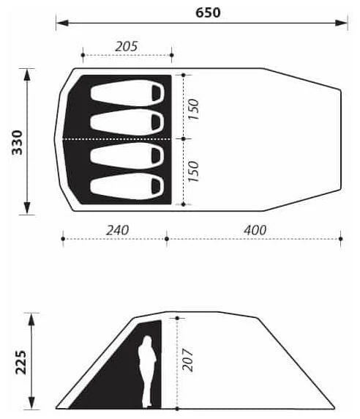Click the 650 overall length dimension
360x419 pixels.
click(x=208, y=12)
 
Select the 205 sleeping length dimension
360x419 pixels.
click(x=126, y=46)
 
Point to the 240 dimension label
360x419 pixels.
click(x=116, y=230)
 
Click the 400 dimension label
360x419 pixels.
click(x=255, y=230)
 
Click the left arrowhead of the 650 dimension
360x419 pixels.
click(x=59, y=23)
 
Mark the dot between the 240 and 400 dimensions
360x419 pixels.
click(x=167, y=238)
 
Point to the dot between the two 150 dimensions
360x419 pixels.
click(x=183, y=138)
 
